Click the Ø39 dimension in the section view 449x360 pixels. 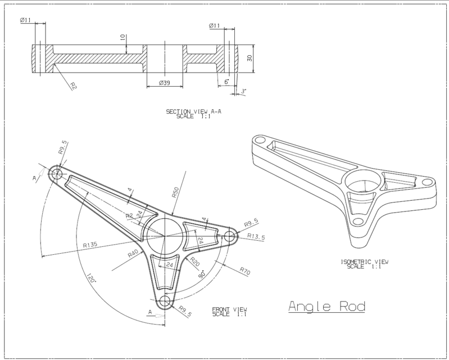pyautogui.click(x=164, y=83)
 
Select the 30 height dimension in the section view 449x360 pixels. pyautogui.click(x=249, y=59)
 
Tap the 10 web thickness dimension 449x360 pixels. pyautogui.click(x=123, y=39)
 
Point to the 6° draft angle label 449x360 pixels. pyautogui.click(x=226, y=83)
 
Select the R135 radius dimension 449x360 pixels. pyautogui.click(x=90, y=245)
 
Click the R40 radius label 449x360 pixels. pyautogui.click(x=133, y=254)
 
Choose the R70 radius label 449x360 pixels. pyautogui.click(x=244, y=271)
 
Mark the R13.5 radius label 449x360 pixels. pyautogui.click(x=256, y=237)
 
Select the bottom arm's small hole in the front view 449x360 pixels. pyautogui.click(x=165, y=301)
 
